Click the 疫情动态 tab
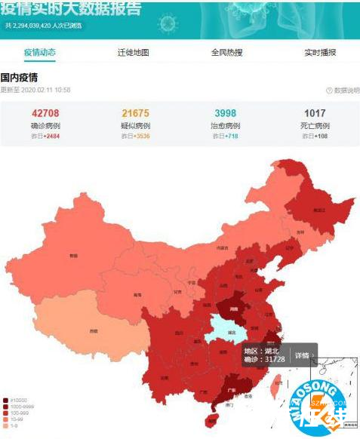(40, 53)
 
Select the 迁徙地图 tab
(133, 53)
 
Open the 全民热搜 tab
(226, 53)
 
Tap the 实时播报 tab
(320, 53)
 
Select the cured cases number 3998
(225, 113)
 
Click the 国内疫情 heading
(19, 78)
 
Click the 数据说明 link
(339, 91)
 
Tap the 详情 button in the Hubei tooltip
(303, 355)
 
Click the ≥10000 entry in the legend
(14, 401)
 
